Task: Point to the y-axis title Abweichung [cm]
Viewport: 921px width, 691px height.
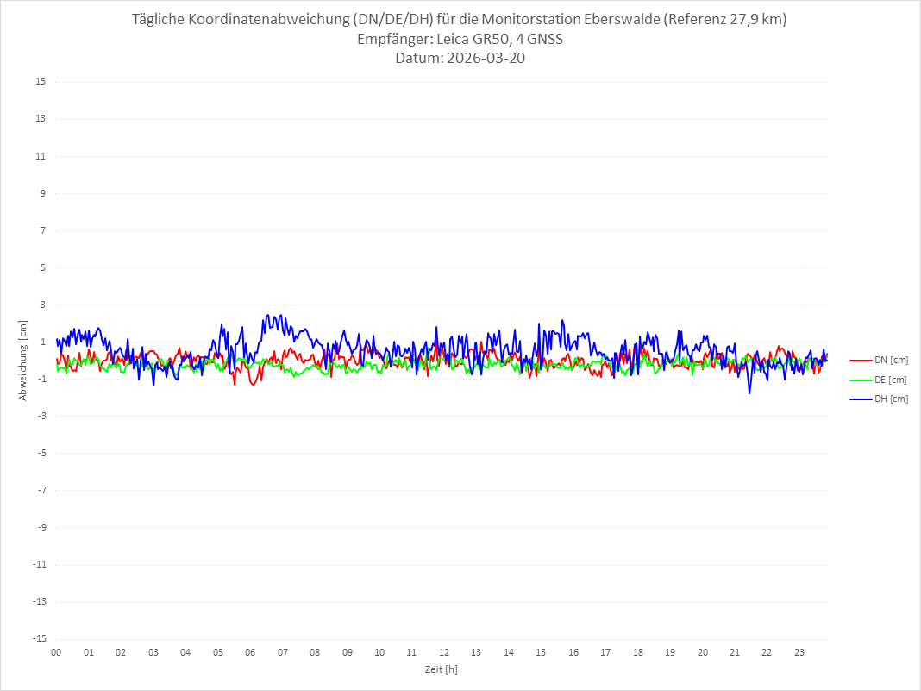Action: click(x=23, y=360)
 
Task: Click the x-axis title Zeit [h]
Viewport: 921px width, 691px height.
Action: click(x=441, y=669)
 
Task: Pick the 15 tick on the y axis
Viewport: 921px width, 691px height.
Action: click(x=40, y=82)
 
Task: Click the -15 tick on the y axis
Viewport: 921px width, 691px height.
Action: click(x=38, y=638)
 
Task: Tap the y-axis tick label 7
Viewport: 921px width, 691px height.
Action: click(x=42, y=230)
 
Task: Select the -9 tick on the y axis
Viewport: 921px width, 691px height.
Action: click(x=41, y=527)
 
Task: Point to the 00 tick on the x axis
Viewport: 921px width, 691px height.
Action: click(x=56, y=652)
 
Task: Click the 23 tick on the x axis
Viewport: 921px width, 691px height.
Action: click(x=799, y=652)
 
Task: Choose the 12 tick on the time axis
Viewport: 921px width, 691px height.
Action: click(x=444, y=652)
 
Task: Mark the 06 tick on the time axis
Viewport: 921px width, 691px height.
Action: click(x=250, y=652)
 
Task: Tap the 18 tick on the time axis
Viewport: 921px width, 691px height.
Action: click(x=638, y=652)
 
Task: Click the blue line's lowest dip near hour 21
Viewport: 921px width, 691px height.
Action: click(x=749, y=393)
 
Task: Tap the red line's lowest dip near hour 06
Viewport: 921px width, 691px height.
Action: click(x=253, y=384)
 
